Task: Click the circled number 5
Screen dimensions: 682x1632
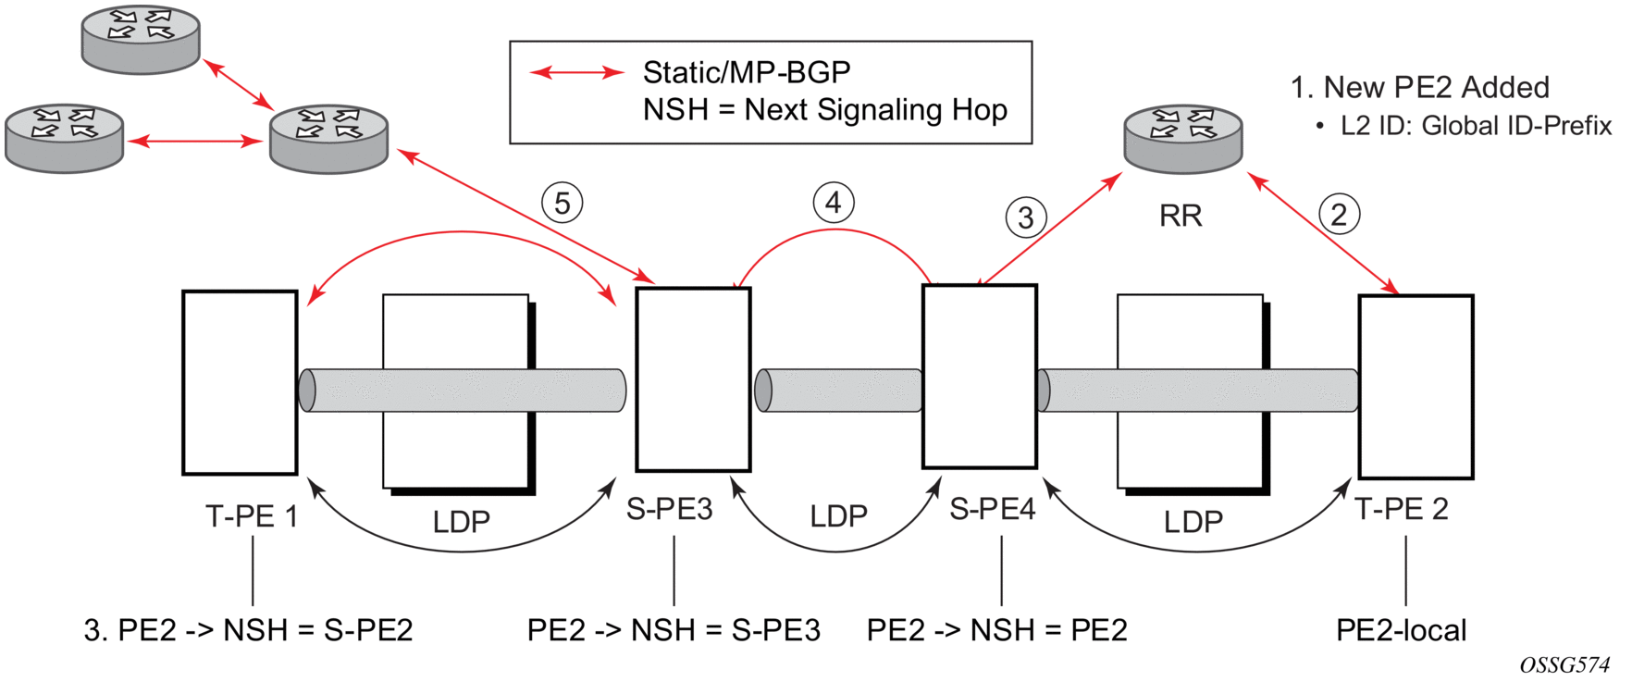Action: coord(563,203)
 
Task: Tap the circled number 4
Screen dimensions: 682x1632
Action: coord(834,202)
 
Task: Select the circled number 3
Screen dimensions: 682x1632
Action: coord(1026,218)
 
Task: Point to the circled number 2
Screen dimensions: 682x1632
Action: coord(1339,215)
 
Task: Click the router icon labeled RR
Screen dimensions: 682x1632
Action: coord(1182,139)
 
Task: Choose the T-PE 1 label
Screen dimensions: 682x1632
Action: coord(252,516)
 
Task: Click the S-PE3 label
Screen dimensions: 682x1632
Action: coord(670,509)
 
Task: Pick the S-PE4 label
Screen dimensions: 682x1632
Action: coord(993,509)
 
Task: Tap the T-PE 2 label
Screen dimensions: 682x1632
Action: coord(1402,509)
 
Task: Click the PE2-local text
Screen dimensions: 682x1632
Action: coord(1401,630)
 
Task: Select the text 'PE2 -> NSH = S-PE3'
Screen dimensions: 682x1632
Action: coord(674,630)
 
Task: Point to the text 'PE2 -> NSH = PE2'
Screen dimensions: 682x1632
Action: coord(996,630)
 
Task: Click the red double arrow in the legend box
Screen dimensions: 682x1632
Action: coord(576,72)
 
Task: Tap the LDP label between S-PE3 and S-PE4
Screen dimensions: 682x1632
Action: coord(838,516)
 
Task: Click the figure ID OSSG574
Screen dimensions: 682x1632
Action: coord(1564,664)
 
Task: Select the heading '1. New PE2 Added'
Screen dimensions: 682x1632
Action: coord(1419,88)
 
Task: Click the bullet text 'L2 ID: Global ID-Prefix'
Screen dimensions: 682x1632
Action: coord(1476,126)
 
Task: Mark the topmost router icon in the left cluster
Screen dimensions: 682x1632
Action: coord(141,39)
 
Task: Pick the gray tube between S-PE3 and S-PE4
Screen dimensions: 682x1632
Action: coord(838,391)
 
